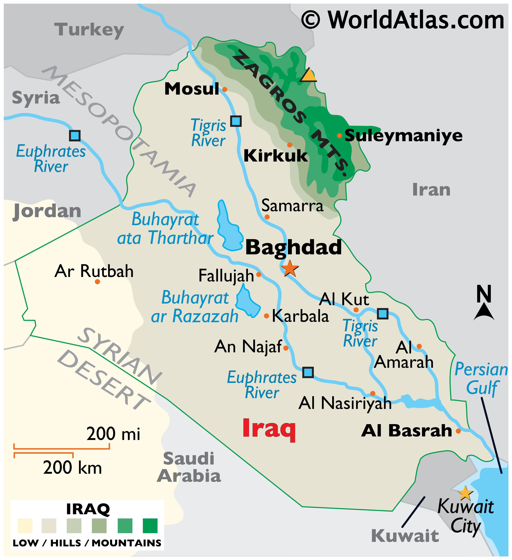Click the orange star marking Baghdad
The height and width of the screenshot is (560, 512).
click(x=289, y=268)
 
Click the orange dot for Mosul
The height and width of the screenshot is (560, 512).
click(x=225, y=89)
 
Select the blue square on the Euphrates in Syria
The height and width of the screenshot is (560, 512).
click(x=75, y=136)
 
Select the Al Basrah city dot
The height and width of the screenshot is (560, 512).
click(x=458, y=431)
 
